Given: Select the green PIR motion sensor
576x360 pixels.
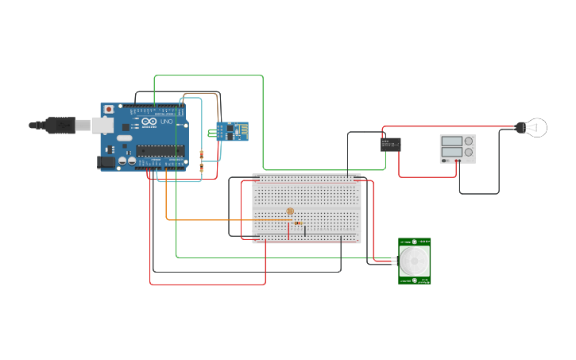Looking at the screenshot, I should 415,261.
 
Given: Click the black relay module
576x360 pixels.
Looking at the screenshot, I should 390,144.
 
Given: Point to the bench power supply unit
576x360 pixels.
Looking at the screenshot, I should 458,149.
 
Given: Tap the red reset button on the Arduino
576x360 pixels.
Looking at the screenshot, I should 109,109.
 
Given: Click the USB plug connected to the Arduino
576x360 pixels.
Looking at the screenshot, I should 60,125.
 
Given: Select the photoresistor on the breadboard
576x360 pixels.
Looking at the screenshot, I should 290,211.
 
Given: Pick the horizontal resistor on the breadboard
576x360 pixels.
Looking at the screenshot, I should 298,223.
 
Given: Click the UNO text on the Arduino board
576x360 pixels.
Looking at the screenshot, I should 166,122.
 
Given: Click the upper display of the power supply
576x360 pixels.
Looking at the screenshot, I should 450,141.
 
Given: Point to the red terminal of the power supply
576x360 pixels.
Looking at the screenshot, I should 457,161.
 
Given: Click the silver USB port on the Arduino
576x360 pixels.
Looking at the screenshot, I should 102,125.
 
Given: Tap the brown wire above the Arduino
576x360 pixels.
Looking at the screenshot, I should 203,93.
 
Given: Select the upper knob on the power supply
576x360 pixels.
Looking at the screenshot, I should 468,141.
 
